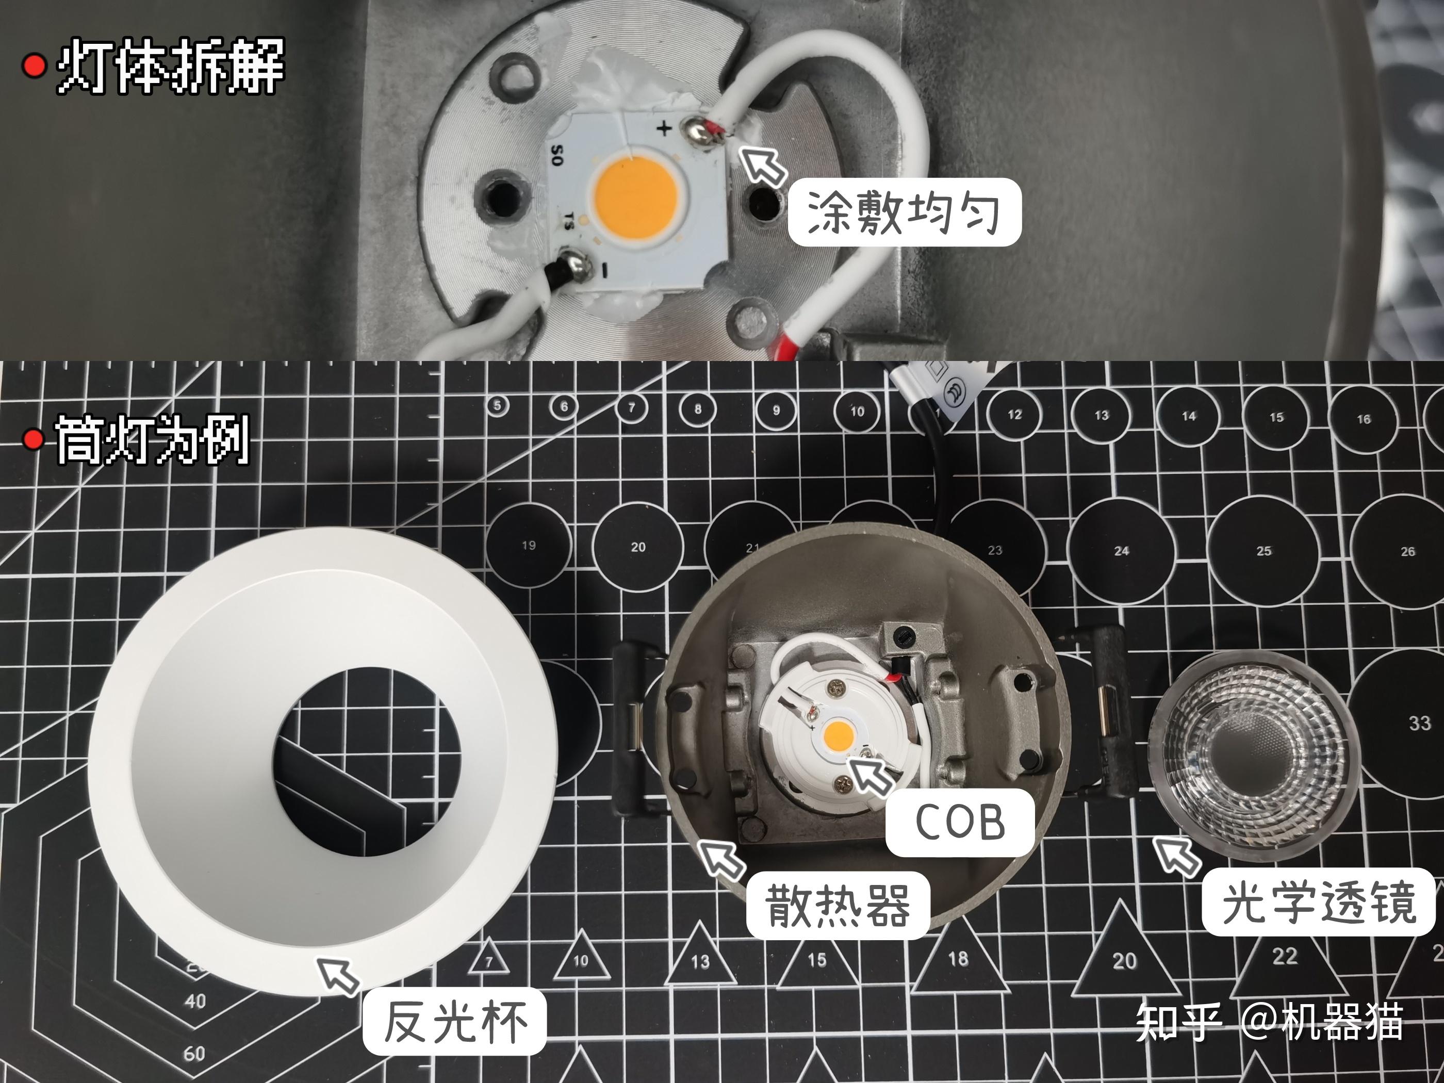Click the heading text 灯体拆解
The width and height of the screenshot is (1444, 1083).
(x=171, y=66)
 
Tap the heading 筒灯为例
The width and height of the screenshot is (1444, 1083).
(x=152, y=440)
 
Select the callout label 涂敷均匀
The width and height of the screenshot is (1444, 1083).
(x=904, y=212)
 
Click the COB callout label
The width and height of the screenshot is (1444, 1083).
(x=960, y=822)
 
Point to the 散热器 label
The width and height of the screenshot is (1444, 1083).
(x=838, y=906)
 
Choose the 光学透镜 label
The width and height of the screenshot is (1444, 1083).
(x=1319, y=902)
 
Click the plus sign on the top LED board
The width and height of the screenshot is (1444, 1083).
(x=663, y=128)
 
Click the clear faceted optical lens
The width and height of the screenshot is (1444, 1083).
(x=1247, y=754)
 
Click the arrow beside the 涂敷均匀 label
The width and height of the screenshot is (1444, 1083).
(x=764, y=165)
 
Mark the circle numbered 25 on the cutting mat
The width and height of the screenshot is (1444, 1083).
(x=1263, y=550)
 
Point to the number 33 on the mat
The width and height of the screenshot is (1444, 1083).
(x=1419, y=723)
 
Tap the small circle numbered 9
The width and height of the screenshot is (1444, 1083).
(x=776, y=411)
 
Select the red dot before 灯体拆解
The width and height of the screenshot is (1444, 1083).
(x=34, y=66)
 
